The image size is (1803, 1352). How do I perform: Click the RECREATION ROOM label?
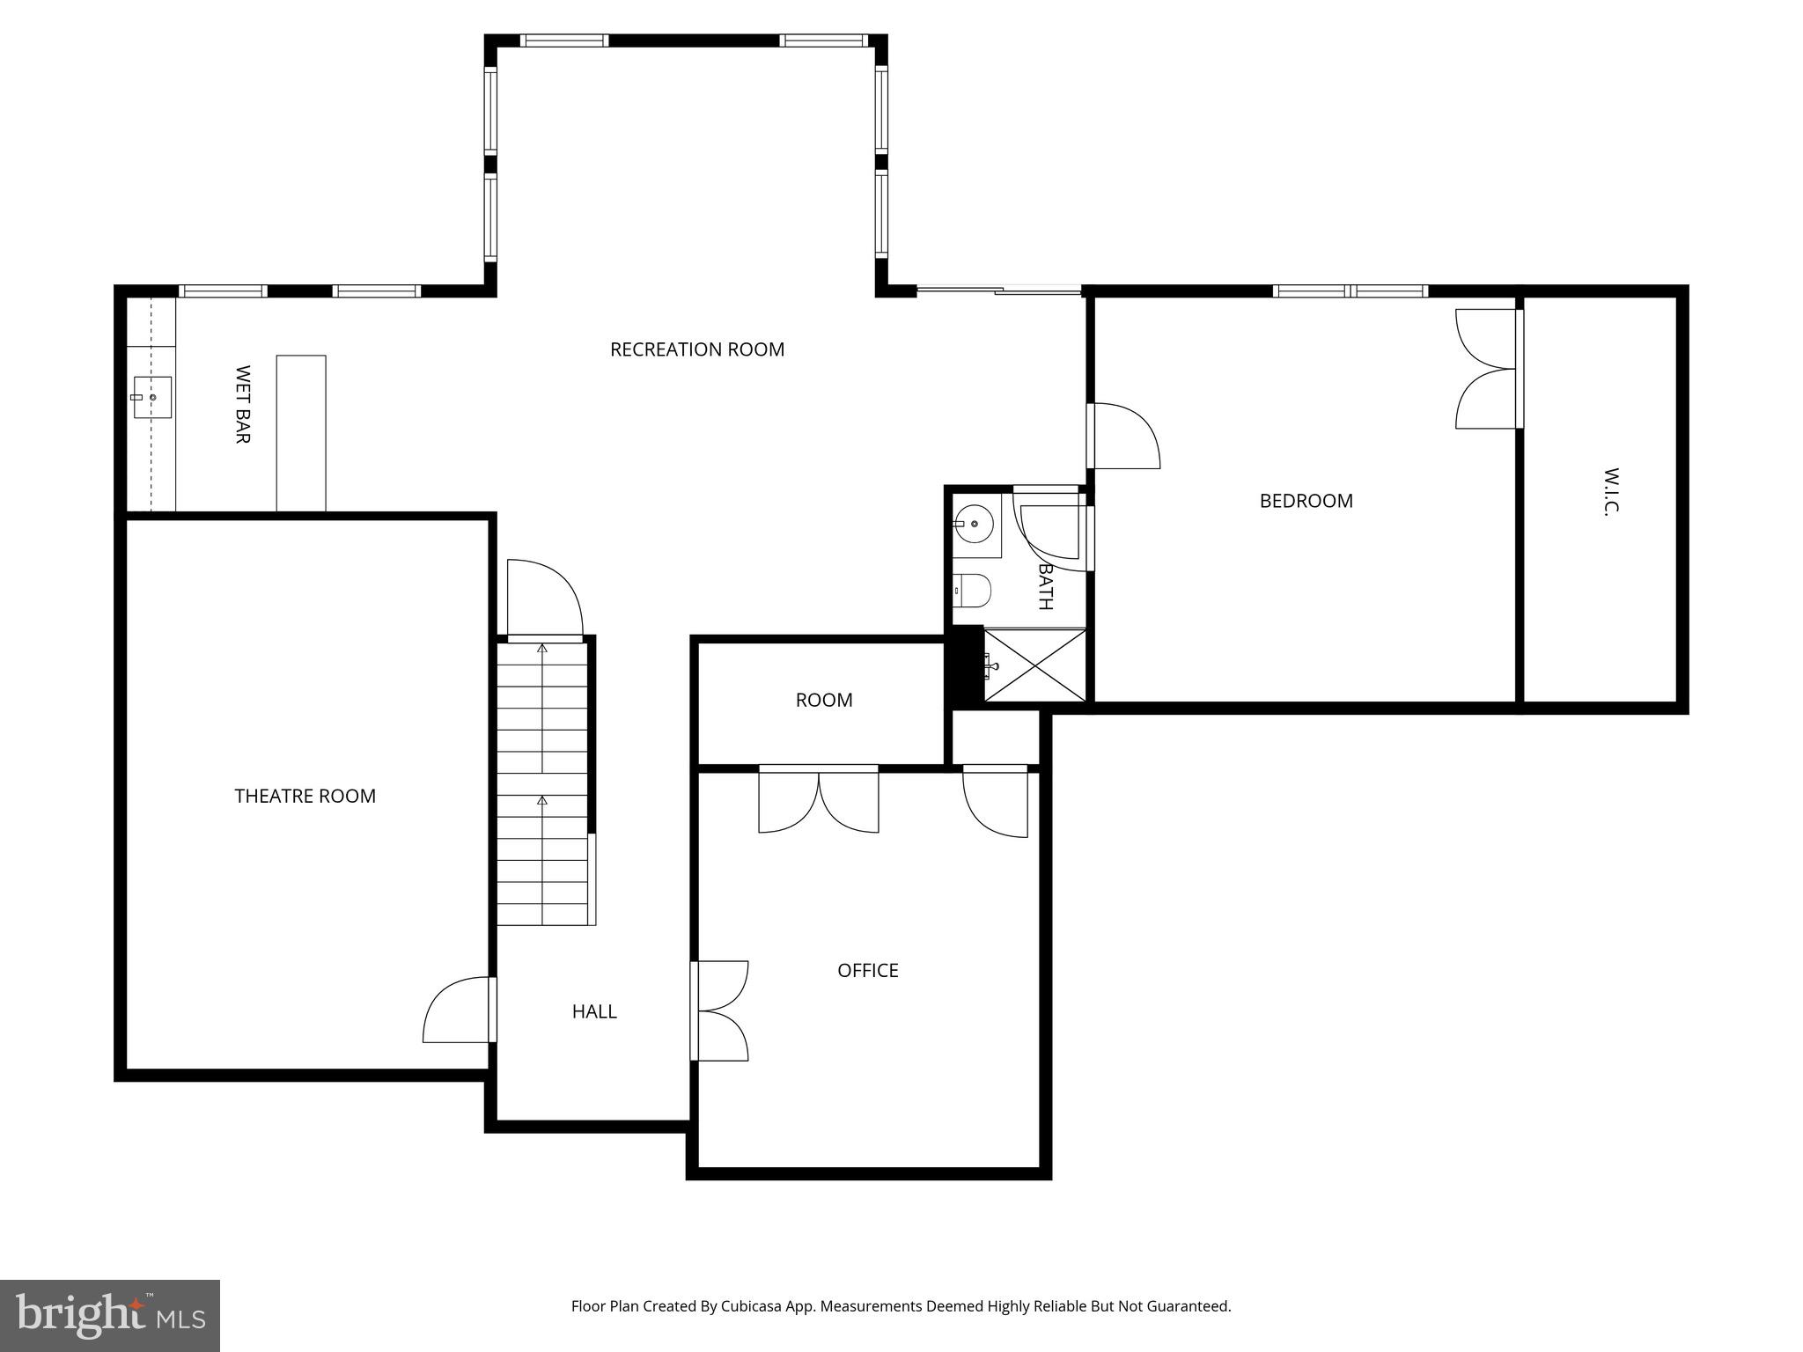(x=696, y=349)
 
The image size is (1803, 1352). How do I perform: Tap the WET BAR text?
(x=243, y=404)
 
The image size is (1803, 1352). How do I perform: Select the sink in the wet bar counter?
(x=151, y=398)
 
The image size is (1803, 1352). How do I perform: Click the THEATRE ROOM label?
(x=305, y=796)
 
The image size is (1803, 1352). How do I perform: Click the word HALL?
(x=594, y=1011)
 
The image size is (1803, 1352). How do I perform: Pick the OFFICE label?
(x=867, y=970)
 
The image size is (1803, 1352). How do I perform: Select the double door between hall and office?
(x=720, y=1010)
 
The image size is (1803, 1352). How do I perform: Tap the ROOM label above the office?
(x=823, y=700)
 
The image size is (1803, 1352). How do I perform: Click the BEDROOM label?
(x=1306, y=501)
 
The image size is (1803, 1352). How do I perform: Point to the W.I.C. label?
(x=1611, y=491)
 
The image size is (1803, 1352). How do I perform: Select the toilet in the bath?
(x=973, y=591)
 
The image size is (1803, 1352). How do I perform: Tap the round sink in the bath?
(x=975, y=525)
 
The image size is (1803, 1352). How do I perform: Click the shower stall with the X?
(x=1034, y=665)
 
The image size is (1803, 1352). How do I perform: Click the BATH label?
(x=1045, y=586)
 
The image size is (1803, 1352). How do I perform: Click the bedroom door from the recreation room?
(x=1124, y=436)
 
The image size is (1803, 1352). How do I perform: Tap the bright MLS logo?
(x=110, y=1315)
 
